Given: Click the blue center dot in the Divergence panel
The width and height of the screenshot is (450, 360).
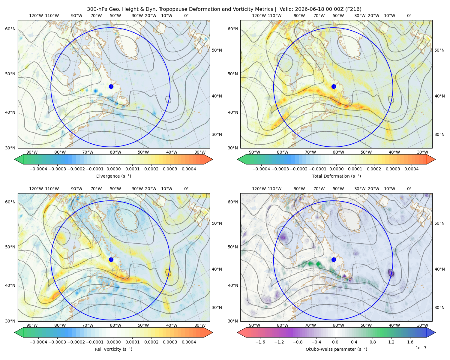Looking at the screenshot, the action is coord(111,86).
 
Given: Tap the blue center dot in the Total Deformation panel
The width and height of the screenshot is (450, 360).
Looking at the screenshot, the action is coord(334,86).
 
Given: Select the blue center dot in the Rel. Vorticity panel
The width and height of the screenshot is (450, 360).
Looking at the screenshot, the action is coord(111,259).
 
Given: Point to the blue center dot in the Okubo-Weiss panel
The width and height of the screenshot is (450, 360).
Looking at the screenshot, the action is coord(334,259).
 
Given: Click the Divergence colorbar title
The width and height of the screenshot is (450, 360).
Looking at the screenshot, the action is coord(113,176).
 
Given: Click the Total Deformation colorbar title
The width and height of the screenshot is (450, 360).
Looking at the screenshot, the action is coord(336,176).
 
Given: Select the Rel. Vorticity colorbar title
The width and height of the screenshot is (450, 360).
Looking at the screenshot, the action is coord(113,349).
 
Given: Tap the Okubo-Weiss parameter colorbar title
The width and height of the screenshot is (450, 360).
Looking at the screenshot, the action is coord(336,349).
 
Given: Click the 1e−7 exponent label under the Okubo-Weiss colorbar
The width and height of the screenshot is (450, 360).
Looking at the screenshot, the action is coord(421,348).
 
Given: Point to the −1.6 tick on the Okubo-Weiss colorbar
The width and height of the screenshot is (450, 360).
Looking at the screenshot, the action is coord(260,342).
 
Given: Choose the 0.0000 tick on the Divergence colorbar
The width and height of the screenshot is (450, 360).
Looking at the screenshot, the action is coord(113,169).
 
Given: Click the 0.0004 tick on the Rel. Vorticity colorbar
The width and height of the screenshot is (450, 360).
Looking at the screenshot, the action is coord(189,342).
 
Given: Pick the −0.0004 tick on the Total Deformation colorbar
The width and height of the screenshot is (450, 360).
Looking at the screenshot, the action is coord(261,169).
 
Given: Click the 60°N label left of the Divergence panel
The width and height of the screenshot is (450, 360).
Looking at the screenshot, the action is coord(10,29).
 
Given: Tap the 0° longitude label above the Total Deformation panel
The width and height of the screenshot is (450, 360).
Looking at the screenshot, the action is coord(409,16).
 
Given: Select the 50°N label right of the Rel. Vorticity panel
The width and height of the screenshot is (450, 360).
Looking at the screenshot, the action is coord(217,223).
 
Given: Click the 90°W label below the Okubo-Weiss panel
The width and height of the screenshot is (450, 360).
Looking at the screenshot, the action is coord(254,325).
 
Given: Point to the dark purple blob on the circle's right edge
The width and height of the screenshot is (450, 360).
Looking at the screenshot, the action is coord(391,273).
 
